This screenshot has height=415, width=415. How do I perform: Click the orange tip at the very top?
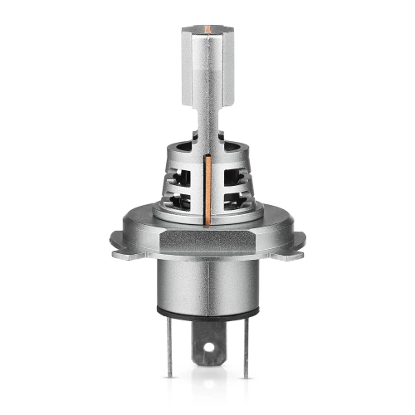coord(207,27)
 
